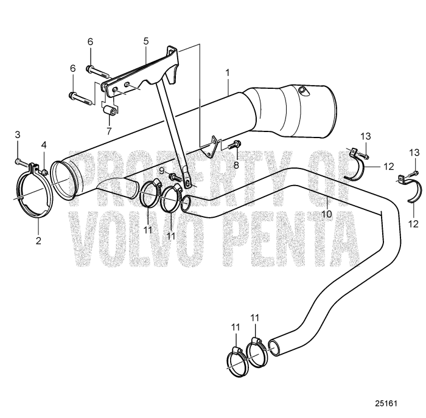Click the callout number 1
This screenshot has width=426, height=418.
coord(228,73)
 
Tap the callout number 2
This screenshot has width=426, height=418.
coord(38,240)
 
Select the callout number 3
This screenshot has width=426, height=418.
coord(18,134)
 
